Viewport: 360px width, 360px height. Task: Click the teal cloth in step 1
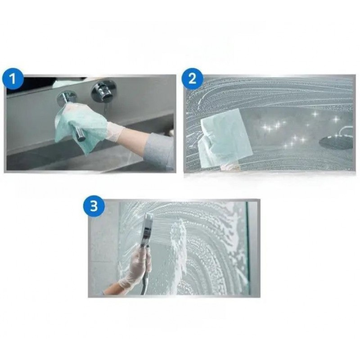81,126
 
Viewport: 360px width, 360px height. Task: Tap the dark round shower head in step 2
336,142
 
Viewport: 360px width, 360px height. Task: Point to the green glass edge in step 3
247,248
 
